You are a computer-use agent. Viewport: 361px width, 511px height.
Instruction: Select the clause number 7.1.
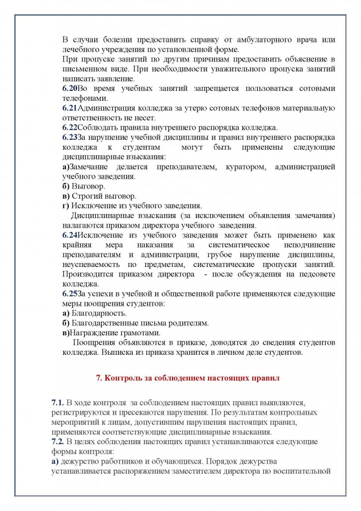pyautogui.click(x=57, y=402)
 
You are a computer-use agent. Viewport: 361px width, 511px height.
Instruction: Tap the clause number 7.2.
pyautogui.click(x=57, y=442)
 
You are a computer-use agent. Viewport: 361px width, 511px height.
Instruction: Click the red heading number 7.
pyautogui.click(x=98, y=378)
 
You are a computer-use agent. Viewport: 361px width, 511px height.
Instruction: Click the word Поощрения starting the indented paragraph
pyautogui.click(x=93, y=343)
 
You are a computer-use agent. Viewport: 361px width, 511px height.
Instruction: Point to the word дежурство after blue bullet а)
pyautogui.click(x=81, y=461)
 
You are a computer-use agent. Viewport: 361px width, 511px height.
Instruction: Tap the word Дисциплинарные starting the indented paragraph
pyautogui.click(x=102, y=215)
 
